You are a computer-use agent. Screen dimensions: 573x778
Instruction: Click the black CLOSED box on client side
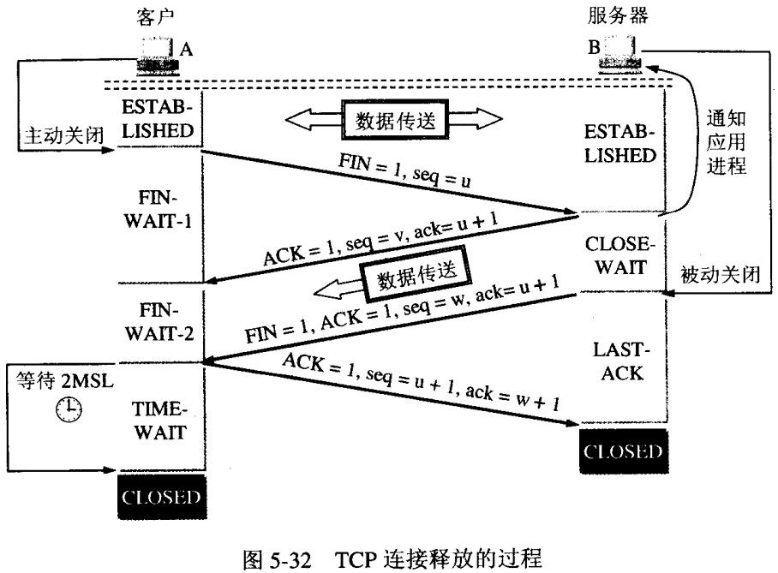pos(161,497)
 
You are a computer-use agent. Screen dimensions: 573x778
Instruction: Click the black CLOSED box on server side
pos(623,451)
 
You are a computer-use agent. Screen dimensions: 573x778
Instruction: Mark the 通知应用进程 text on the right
pos(727,141)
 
